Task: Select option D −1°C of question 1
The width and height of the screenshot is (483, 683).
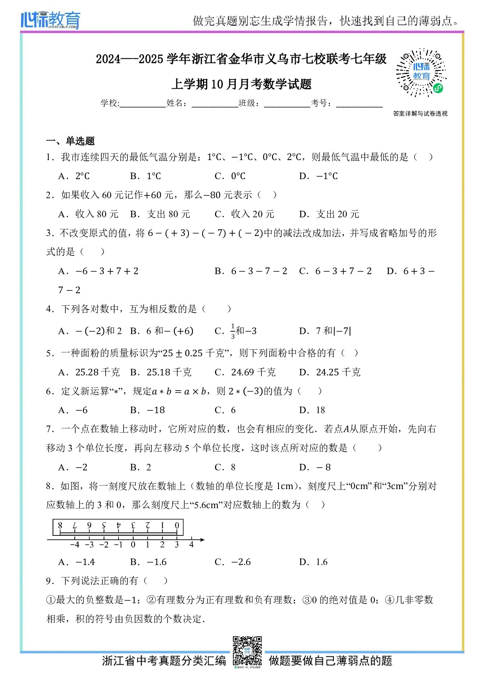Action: coord(319,176)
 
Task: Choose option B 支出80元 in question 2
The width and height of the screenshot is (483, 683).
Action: coord(160,214)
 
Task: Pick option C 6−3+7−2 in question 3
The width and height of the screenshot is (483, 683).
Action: coord(336,271)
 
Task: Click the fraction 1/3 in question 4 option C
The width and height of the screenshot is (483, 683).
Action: coord(233,331)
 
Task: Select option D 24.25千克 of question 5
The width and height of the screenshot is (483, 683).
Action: coord(330,373)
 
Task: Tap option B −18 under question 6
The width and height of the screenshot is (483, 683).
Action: coord(148,410)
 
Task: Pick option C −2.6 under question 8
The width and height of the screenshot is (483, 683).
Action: coord(233,562)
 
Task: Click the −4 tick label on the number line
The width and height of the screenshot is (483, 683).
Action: coord(74,545)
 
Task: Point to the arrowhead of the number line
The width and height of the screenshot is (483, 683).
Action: coord(202,540)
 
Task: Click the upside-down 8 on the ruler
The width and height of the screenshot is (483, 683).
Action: coord(60,525)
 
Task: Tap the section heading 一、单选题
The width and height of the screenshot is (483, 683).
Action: coord(71,141)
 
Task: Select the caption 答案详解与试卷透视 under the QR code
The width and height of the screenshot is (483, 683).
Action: coord(420,114)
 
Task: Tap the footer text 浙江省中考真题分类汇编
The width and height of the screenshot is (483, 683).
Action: coord(164,661)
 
